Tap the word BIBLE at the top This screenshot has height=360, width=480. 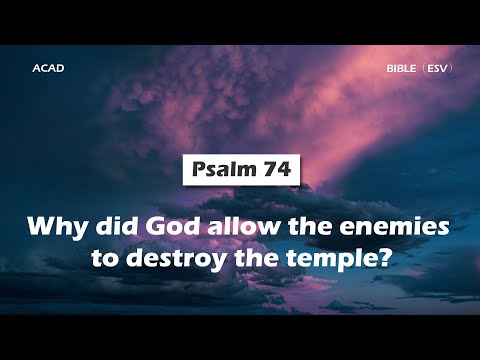click(402, 70)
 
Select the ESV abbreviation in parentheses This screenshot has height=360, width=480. click(436, 70)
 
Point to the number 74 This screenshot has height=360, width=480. click(274, 170)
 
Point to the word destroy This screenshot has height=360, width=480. click(184, 255)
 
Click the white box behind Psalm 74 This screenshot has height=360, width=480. click(241, 170)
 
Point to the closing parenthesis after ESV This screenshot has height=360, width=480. click(452, 70)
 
